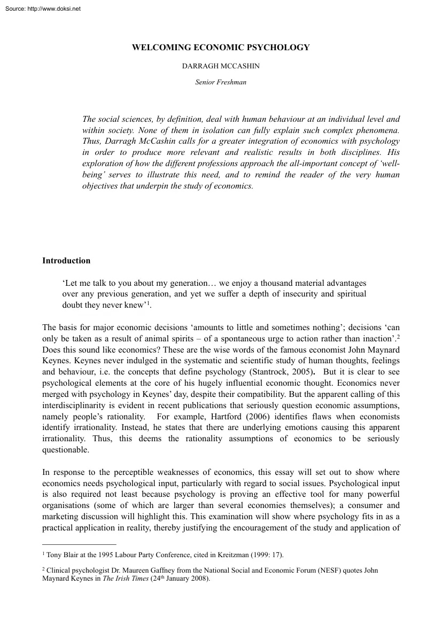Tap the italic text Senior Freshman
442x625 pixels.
[221, 82]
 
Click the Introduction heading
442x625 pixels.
[66, 261]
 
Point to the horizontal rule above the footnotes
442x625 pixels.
[79, 544]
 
